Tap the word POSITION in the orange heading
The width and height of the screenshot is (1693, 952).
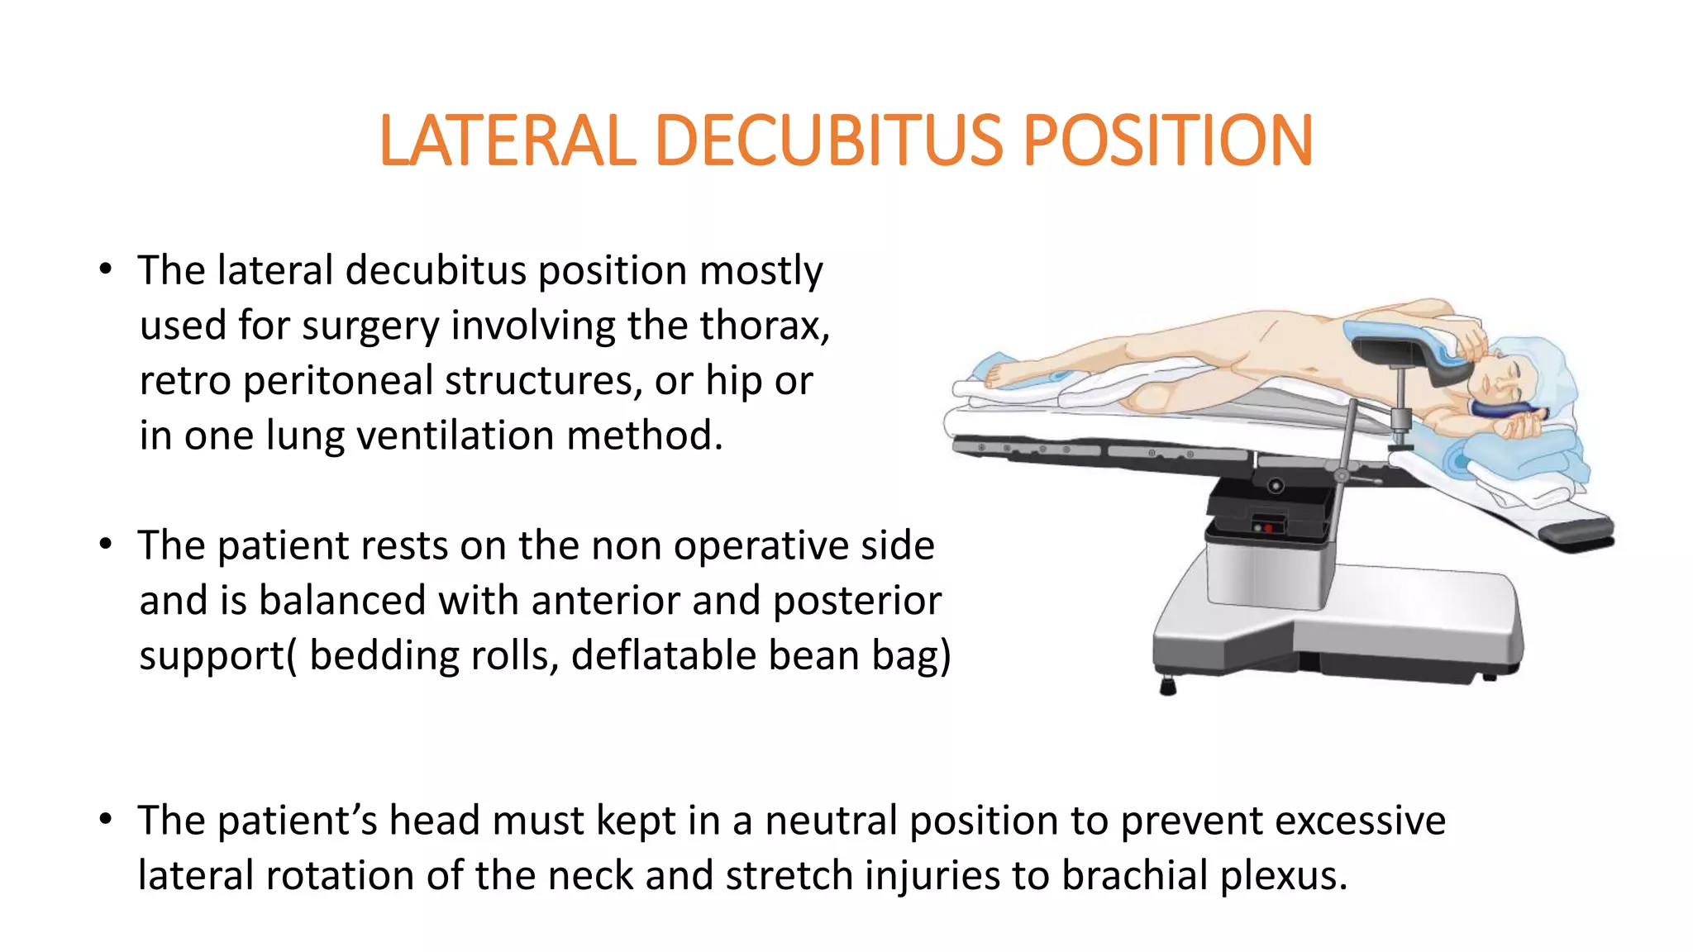point(1167,140)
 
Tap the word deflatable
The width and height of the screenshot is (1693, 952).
point(663,655)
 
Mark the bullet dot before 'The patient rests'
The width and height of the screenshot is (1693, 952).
point(105,545)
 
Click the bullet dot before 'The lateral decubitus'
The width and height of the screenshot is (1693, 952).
point(105,269)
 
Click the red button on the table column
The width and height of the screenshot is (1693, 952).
point(1268,526)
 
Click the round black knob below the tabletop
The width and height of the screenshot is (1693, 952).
point(1276,486)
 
